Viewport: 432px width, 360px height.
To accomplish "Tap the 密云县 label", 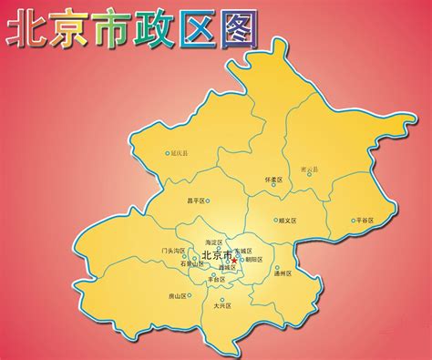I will point(311,169).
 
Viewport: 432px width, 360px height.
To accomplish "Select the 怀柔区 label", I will point(274,180).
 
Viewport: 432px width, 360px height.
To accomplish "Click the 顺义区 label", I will point(291,220).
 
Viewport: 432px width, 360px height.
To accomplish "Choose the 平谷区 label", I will point(365,220).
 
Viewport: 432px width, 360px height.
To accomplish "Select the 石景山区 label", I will point(178,264).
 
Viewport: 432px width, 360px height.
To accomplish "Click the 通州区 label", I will point(283,273).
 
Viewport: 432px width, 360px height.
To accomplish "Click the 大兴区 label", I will point(223,305).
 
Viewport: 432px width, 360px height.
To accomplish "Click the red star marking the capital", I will point(234,260).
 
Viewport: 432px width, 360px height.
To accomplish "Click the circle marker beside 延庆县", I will point(167,153).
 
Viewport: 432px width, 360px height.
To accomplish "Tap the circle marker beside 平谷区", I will point(352,220).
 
